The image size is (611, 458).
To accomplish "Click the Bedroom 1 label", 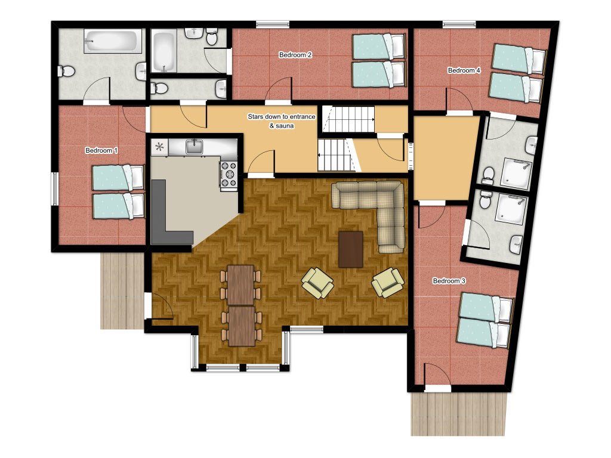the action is (x=101, y=150).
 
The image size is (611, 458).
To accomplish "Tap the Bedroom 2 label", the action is (x=295, y=55).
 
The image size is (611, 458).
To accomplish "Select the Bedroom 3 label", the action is (x=449, y=281).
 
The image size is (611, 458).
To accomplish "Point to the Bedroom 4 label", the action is (x=464, y=70).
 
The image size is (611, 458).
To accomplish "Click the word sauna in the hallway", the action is (x=285, y=126).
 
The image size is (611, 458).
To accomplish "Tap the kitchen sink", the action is (x=194, y=146).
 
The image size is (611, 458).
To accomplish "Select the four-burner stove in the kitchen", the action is (x=229, y=174).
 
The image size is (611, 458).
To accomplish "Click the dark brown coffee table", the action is (x=351, y=249).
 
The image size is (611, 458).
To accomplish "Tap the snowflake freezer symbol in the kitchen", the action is (x=159, y=147).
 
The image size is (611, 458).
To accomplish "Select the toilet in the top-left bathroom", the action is (x=66, y=72).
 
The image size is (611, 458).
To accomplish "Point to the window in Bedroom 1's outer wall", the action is (x=55, y=188).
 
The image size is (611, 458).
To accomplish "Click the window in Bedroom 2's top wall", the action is (x=273, y=24).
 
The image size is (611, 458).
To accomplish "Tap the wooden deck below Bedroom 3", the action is (x=458, y=414).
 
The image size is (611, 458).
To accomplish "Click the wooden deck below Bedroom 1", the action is (x=122, y=291).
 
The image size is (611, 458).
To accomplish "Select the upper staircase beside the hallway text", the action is (x=348, y=119).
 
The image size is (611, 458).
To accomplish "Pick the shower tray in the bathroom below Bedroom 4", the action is (x=515, y=174).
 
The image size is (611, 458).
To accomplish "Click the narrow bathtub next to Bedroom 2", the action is (x=163, y=52).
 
